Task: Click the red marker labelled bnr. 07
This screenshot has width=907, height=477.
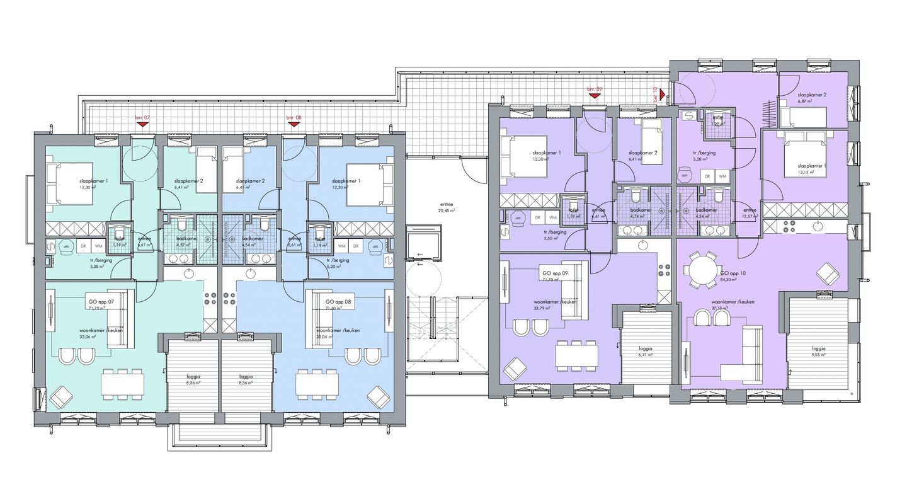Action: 142,124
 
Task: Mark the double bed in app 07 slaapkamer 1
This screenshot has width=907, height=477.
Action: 70,183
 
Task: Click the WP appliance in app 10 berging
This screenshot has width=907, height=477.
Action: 685,176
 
